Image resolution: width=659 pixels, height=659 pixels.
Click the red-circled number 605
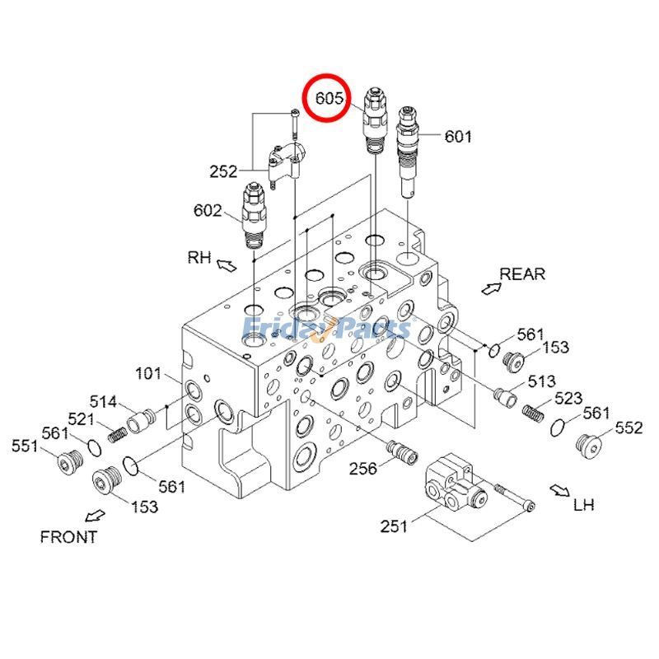pyautogui.click(x=329, y=98)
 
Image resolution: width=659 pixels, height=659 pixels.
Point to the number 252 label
pyautogui.click(x=223, y=171)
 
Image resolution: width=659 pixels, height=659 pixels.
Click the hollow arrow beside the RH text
pyautogui.click(x=227, y=264)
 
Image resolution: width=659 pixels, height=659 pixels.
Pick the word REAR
pyautogui.click(x=522, y=273)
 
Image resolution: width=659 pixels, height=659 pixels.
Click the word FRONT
pyautogui.click(x=68, y=537)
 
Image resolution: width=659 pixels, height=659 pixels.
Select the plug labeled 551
pyautogui.click(x=66, y=463)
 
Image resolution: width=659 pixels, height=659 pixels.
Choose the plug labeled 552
pyautogui.click(x=590, y=446)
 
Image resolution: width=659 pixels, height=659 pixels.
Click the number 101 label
pyautogui.click(x=147, y=374)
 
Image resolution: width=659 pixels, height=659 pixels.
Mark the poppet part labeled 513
pyautogui.click(x=506, y=396)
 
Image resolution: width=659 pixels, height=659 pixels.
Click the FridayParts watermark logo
pyautogui.click(x=326, y=329)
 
